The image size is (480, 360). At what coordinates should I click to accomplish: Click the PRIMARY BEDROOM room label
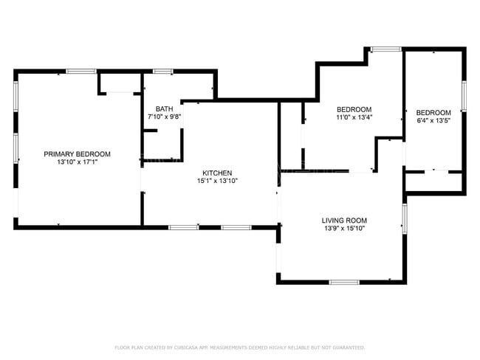point(77,154)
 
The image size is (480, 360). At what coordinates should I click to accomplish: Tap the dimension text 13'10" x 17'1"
point(77,162)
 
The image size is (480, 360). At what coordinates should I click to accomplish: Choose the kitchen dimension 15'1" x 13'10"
point(217,181)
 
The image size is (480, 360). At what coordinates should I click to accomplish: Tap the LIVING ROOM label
point(344,221)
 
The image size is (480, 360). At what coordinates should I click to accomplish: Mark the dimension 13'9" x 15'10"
point(344,229)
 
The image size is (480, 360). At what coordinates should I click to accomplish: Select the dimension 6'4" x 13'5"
point(434,120)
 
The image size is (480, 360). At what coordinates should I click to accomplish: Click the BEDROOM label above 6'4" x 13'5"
point(434,112)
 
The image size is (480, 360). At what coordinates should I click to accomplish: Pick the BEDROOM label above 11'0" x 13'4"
point(354,108)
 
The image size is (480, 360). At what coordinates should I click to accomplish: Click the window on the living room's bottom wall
point(344,282)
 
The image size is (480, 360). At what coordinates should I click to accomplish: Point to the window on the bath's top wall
point(163,72)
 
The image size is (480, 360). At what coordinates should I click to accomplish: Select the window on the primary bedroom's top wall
point(81,72)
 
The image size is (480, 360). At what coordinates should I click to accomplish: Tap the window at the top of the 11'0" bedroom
point(385,49)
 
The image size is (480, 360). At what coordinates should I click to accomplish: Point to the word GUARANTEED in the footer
point(346,347)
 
